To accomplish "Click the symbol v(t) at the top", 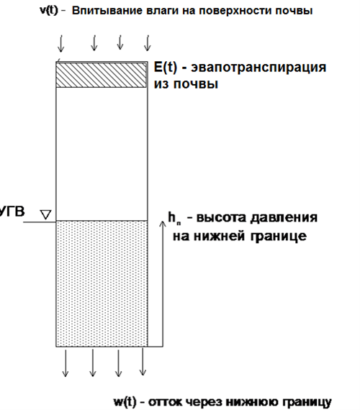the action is tap(49, 11).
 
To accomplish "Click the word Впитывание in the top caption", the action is tap(106, 11).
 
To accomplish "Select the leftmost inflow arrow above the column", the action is tap(60, 43).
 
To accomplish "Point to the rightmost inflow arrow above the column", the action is tap(148, 42).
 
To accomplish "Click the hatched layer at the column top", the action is tap(102, 75).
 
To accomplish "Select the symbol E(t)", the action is tap(166, 67).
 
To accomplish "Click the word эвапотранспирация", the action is tap(258, 68).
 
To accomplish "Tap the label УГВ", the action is tap(12, 211).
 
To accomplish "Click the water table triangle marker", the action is tap(46, 214).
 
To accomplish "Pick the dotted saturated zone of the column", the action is tap(102, 283).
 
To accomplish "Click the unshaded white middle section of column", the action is tap(102, 154).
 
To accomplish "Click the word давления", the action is tap(284, 218).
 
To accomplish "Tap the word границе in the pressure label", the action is tap(279, 237).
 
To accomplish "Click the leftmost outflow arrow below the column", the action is tap(66, 363).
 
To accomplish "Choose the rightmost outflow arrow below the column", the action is tap(143, 362).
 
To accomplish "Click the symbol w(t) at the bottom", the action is tap(125, 401).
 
